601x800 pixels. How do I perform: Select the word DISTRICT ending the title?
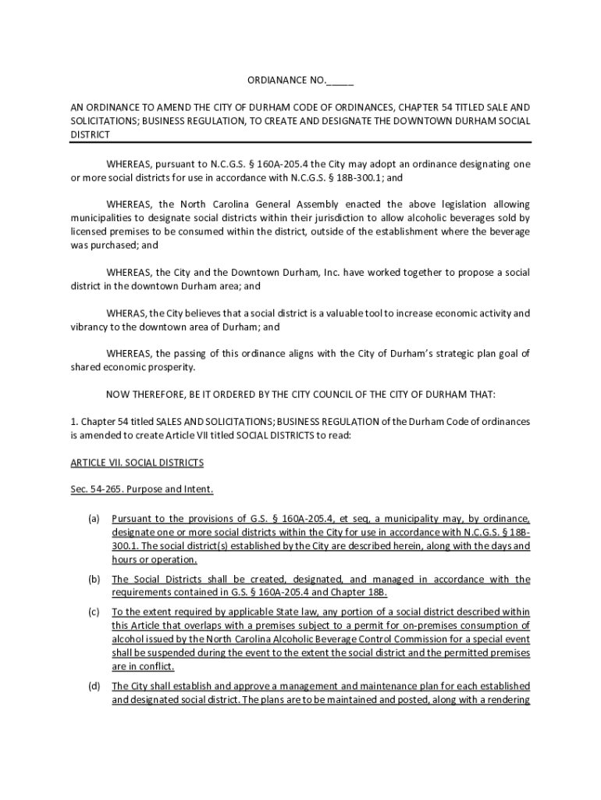point(91,134)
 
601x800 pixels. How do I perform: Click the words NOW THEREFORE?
point(149,394)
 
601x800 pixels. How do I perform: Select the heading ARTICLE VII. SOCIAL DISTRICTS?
point(137,462)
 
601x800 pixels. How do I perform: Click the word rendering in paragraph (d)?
point(507,700)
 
